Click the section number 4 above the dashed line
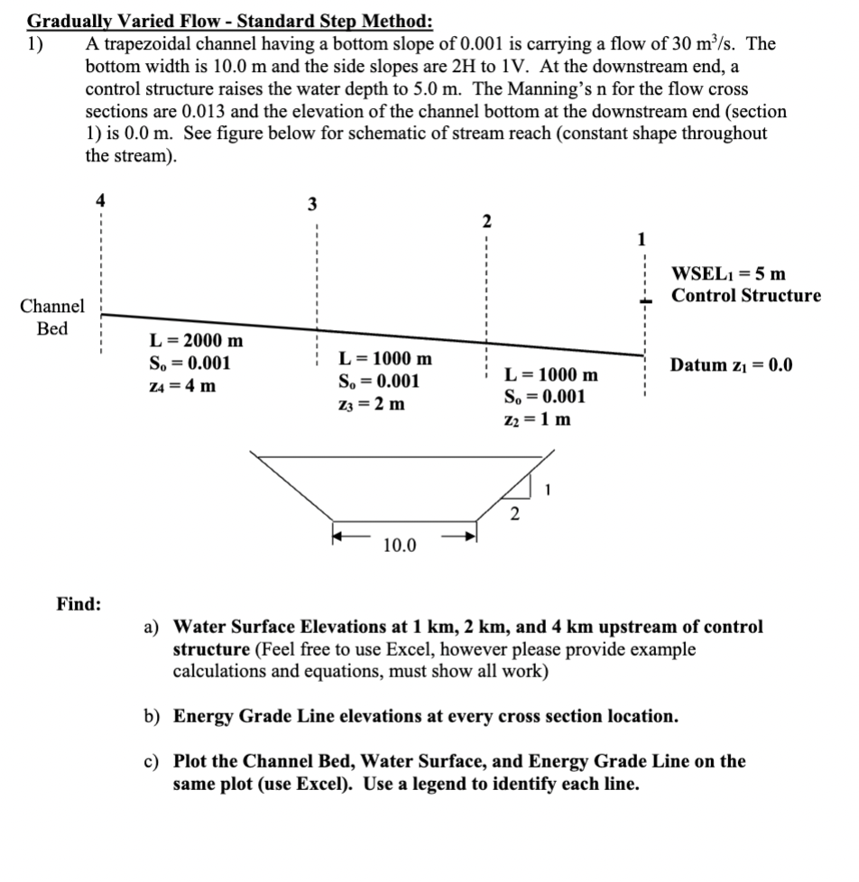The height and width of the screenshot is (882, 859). [100, 201]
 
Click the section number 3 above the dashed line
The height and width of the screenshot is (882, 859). [311, 204]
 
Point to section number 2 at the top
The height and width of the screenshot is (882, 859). [485, 221]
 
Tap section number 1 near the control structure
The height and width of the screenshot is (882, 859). [642, 240]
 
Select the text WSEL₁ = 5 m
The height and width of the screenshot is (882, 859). [728, 272]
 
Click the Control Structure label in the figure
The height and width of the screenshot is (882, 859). [746, 296]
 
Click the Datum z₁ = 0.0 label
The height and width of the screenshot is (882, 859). [731, 365]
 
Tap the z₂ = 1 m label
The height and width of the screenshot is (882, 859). [537, 419]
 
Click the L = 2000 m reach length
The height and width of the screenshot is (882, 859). [196, 341]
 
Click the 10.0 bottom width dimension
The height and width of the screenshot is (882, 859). [400, 545]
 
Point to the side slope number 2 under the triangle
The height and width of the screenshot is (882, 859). [514, 515]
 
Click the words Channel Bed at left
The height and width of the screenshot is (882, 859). [53, 317]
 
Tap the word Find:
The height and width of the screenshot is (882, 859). [79, 603]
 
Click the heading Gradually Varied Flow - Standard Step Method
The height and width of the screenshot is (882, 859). [229, 20]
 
